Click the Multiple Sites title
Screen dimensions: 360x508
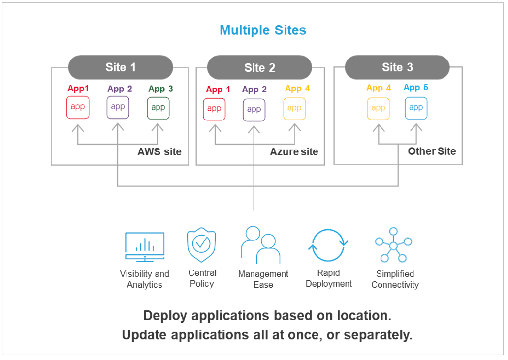263,30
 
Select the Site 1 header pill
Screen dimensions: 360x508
121,67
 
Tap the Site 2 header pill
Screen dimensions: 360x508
259,68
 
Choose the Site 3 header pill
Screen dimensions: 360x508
397,67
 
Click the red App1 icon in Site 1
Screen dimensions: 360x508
78,107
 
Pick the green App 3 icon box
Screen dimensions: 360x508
158,108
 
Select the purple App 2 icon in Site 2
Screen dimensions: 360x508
254,109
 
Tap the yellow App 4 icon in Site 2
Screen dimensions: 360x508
294,109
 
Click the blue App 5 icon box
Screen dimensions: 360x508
416,108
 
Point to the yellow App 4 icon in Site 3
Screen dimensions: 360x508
378,108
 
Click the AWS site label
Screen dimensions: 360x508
159,152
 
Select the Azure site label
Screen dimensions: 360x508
294,152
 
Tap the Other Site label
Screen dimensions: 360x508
432,151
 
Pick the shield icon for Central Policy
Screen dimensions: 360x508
201,245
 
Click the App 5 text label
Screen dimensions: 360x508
416,88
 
